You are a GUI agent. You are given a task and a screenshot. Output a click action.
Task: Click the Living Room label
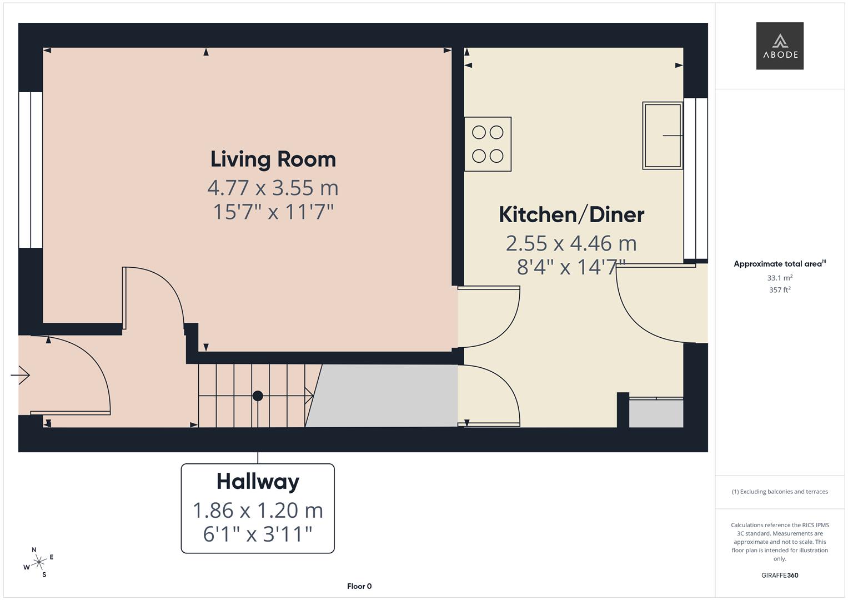click(273, 159)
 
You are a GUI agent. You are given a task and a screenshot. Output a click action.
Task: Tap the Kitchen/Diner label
click(571, 214)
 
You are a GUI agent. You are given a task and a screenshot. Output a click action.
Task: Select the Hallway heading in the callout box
click(258, 481)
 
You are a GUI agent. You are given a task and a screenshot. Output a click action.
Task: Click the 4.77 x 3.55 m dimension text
click(273, 188)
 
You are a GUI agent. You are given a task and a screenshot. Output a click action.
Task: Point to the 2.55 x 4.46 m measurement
click(571, 243)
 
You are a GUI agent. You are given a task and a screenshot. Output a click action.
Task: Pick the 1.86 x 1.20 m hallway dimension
click(258, 510)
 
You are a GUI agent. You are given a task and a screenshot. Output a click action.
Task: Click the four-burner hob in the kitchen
click(488, 144)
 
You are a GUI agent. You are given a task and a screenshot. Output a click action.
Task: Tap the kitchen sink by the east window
click(662, 136)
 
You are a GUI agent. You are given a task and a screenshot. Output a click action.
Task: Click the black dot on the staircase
click(258, 396)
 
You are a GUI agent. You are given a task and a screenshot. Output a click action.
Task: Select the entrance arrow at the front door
click(21, 376)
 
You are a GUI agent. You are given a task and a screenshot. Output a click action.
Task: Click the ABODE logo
click(780, 46)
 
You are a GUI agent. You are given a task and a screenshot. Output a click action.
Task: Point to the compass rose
click(39, 562)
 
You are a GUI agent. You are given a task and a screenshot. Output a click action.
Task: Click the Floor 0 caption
click(359, 586)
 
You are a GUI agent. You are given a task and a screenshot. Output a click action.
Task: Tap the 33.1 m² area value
click(780, 278)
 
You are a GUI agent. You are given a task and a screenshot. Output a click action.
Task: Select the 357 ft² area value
click(780, 290)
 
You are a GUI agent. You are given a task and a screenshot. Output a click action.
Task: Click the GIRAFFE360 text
click(780, 575)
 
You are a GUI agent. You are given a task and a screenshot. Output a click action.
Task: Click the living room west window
click(31, 169)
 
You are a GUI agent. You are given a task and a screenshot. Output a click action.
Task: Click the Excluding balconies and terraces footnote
click(780, 492)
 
